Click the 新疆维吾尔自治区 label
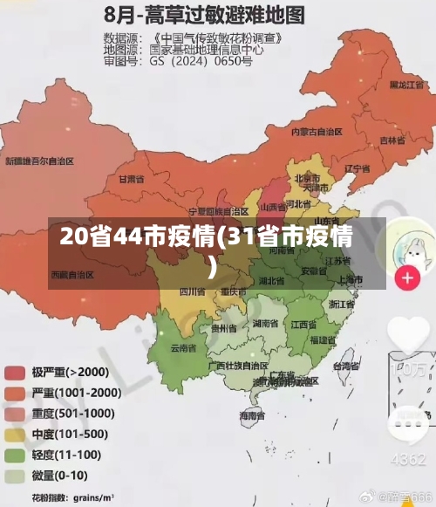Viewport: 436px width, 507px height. point(40,161)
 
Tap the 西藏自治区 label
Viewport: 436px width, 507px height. point(72,274)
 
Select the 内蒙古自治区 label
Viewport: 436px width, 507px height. point(316,132)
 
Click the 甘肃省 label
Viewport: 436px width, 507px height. point(131,178)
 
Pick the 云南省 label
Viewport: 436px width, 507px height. point(182,347)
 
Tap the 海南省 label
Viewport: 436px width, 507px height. point(252,417)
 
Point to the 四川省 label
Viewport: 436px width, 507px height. point(192,291)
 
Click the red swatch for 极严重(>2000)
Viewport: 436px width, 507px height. point(15,373)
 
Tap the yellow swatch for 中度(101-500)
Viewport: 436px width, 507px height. point(15,435)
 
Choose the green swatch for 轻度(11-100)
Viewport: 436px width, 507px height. point(15,456)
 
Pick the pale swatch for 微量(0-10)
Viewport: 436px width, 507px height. point(15,476)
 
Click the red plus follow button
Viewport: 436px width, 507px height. point(407,278)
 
